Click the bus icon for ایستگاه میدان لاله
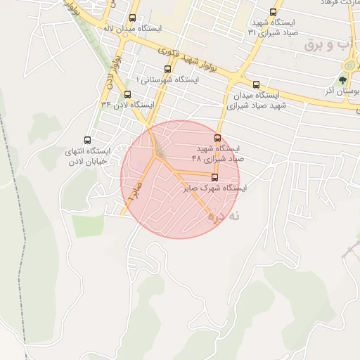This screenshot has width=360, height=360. (x=133, y=18)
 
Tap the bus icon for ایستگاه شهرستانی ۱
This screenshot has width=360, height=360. (x=167, y=69)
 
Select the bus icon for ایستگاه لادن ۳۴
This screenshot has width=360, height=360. (x=127, y=94)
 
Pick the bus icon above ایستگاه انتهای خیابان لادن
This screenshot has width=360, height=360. (x=87, y=141)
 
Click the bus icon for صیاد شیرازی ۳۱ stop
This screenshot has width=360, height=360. (x=274, y=12)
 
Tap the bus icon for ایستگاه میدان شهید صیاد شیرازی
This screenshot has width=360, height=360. (x=255, y=84)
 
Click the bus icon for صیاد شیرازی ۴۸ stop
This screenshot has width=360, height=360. (x=217, y=139)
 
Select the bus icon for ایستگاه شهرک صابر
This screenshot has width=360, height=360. (x=214, y=177)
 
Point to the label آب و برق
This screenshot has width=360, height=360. (x=328, y=45)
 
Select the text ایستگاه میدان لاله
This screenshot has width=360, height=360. (x=133, y=29)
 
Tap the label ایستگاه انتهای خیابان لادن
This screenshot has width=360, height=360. (x=87, y=156)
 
